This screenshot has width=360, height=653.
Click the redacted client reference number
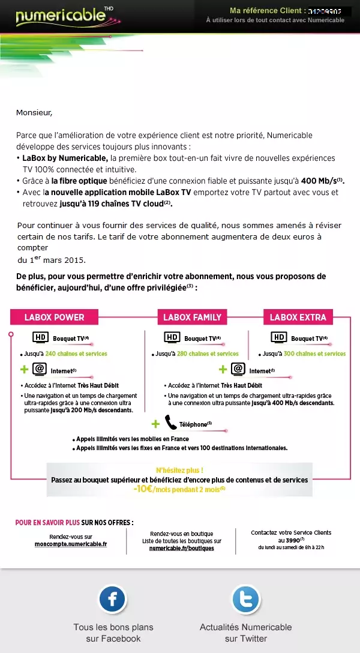coord(329,11)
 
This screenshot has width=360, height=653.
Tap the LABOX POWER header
coord(54,317)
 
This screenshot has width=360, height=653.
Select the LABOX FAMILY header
coord(192,317)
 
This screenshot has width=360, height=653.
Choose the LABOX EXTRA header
coord(298,317)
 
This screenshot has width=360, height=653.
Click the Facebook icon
coord(113,599)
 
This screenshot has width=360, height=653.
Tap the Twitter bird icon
coord(245,599)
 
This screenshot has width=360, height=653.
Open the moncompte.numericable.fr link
coord(71,544)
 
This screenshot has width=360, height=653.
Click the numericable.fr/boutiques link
coord(181,548)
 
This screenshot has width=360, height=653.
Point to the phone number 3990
coord(292,540)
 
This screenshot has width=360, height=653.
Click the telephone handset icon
coord(170,423)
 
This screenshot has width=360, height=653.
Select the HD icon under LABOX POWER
coord(39,337)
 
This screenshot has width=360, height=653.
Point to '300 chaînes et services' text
coord(314,354)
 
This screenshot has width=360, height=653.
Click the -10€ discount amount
coord(144,489)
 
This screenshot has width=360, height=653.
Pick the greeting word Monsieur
coord(34,112)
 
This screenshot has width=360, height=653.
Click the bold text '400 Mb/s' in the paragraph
coord(317,181)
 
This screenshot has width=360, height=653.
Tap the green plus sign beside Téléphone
coord(155,424)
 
